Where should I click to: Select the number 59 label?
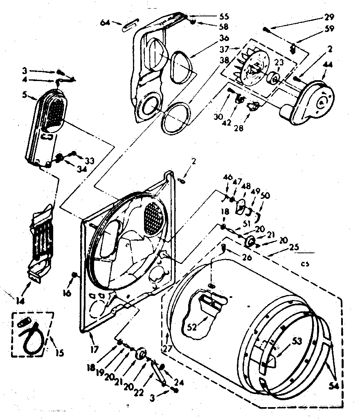[x=329, y=29]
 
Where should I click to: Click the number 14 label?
[x=20, y=301]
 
